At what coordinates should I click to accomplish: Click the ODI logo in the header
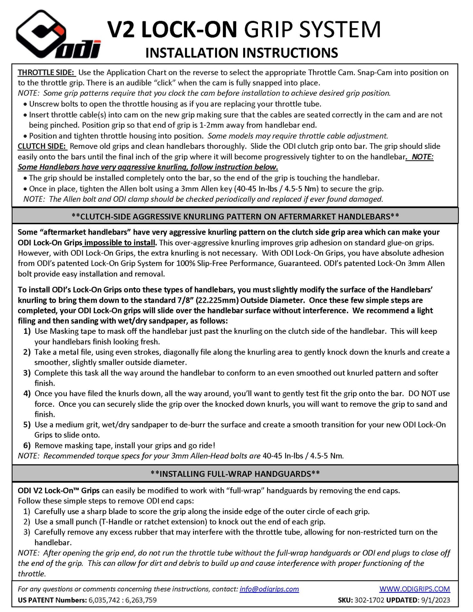point(57,35)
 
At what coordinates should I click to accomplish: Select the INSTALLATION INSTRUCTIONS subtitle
point(242,53)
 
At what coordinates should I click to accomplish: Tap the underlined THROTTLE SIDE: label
point(47,72)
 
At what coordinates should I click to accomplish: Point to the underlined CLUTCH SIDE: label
point(42,146)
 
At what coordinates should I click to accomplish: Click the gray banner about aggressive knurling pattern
point(235,216)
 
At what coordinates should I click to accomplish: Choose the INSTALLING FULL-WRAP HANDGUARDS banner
point(235,474)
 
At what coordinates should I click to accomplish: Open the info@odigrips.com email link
point(269,589)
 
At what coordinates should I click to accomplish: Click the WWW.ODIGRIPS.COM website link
point(414,589)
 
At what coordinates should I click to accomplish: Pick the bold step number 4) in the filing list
point(27,393)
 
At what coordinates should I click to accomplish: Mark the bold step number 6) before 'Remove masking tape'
point(27,445)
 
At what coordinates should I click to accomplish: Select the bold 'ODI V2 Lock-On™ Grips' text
point(59,491)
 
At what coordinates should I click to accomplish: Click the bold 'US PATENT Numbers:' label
point(52,600)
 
